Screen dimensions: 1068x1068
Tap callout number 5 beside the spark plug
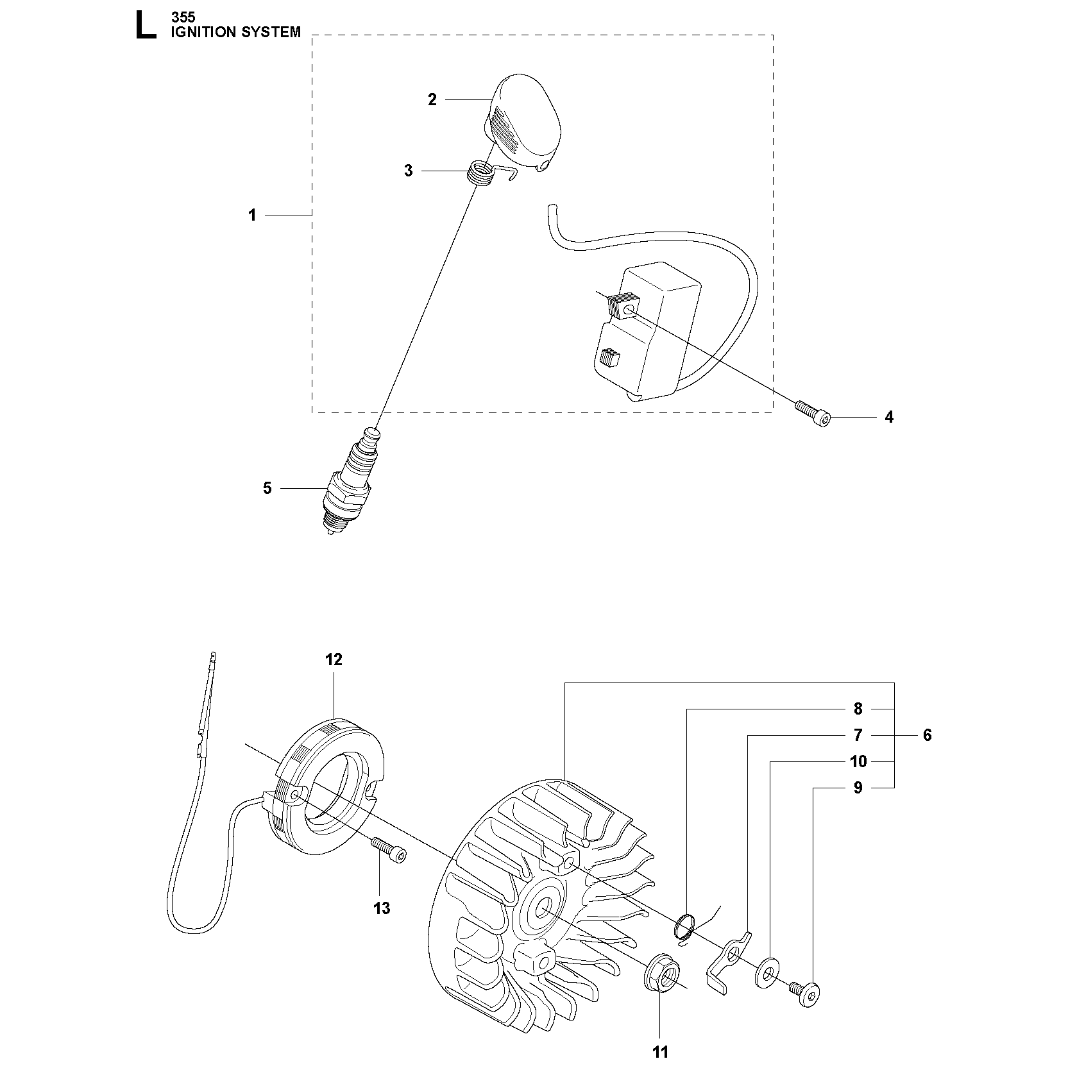[x=267, y=489]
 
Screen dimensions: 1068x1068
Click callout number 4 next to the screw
[x=889, y=417]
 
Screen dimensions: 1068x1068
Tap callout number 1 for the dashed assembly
[x=252, y=216]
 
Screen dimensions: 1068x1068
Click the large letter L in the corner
[x=145, y=26]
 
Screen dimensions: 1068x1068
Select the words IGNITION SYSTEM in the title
[x=235, y=32]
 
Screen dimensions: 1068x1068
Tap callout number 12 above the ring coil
[x=334, y=659]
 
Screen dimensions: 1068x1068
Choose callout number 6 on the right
[x=927, y=735]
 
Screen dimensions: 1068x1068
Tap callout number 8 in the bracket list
[x=858, y=709]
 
